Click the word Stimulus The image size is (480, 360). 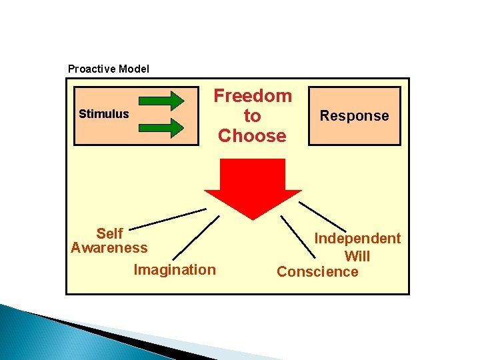pyautogui.click(x=103, y=114)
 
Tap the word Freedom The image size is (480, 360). pyautogui.click(x=252, y=96)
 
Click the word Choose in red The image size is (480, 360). pyautogui.click(x=252, y=136)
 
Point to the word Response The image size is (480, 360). pyautogui.click(x=354, y=116)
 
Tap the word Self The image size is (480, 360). pyautogui.click(x=109, y=233)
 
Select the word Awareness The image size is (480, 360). pyautogui.click(x=109, y=248)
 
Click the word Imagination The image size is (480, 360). pyautogui.click(x=175, y=270)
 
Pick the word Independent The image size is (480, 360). pyautogui.click(x=357, y=239)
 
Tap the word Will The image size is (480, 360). pyautogui.click(x=357, y=256)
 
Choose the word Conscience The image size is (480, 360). pyautogui.click(x=317, y=272)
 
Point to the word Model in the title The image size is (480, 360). pyautogui.click(x=134, y=69)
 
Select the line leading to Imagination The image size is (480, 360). pyautogui.click(x=196, y=237)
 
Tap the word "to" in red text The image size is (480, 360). pyautogui.click(x=252, y=116)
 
